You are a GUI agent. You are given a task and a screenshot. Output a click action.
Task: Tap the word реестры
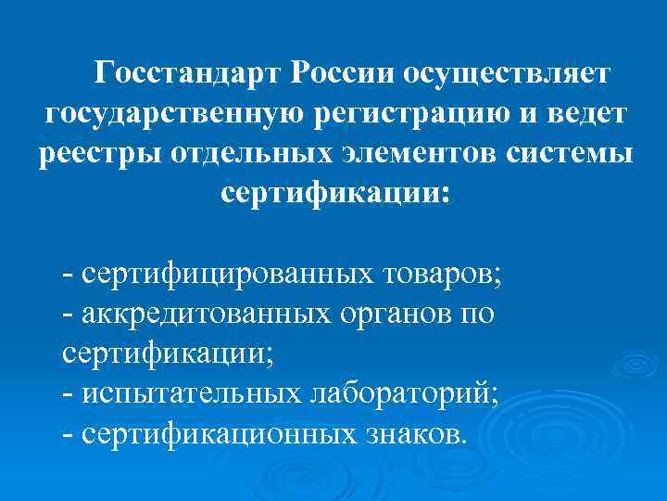(x=99, y=153)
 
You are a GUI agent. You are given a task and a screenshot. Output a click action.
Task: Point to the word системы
(x=574, y=153)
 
